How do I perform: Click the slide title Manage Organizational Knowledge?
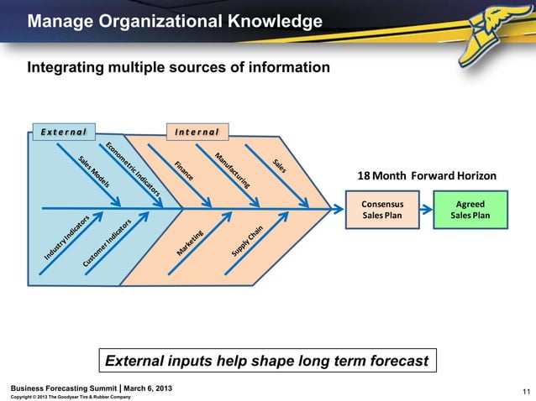[x=174, y=20]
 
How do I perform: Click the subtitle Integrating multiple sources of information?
[x=180, y=67]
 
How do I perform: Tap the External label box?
[x=63, y=132]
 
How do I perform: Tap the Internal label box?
[x=197, y=132]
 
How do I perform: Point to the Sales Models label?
[x=95, y=171]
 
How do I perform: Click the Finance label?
[x=185, y=170]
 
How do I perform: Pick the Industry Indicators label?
[x=66, y=236]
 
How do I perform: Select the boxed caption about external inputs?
[x=267, y=362]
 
